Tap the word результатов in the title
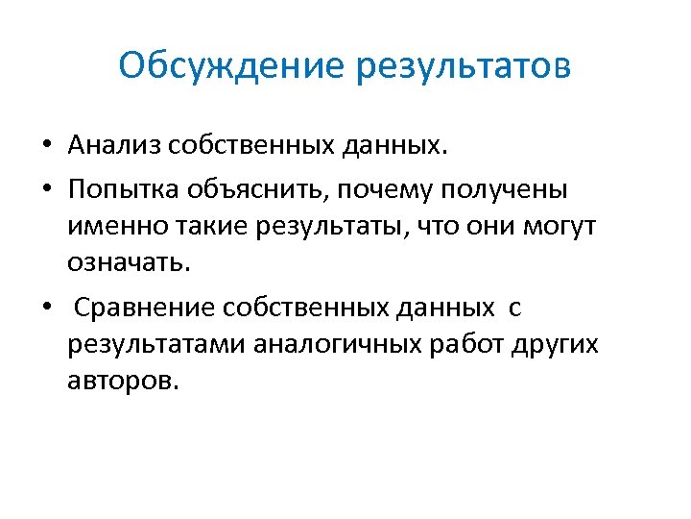[x=465, y=68]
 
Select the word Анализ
[x=113, y=145]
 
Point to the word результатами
[x=156, y=345]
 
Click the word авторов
[x=123, y=381]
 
